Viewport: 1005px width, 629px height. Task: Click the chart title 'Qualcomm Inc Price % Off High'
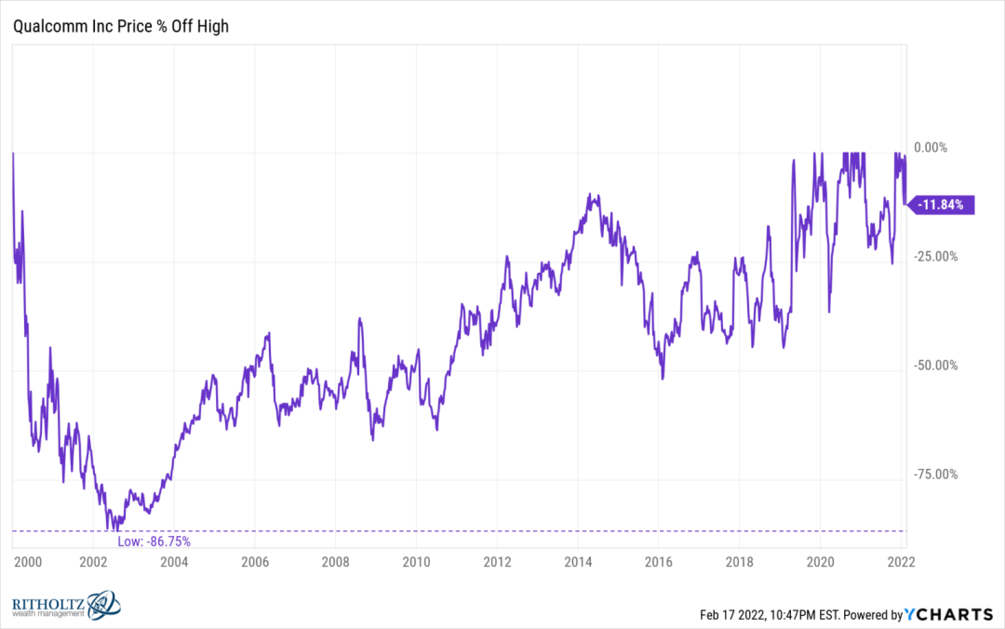pyautogui.click(x=120, y=26)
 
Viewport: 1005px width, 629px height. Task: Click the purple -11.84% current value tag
pyautogui.click(x=944, y=205)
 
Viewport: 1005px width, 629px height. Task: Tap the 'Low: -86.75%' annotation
pyautogui.click(x=154, y=541)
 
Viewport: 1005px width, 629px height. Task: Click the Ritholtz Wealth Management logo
pyautogui.click(x=65, y=605)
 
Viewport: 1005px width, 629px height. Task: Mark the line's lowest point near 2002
pyautogui.click(x=109, y=529)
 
